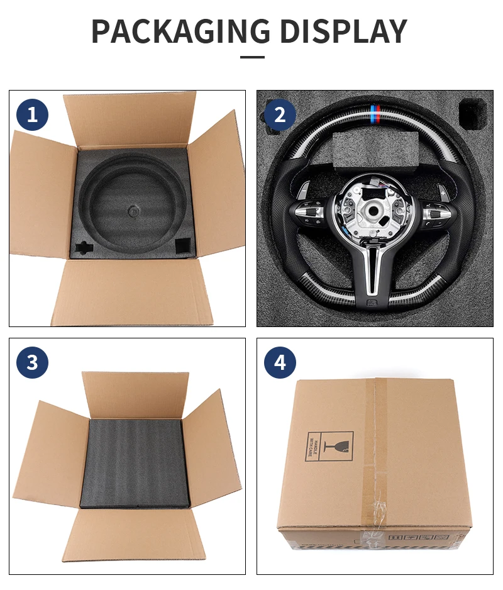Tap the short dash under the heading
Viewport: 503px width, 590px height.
pos(252,57)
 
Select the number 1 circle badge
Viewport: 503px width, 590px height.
pos(33,114)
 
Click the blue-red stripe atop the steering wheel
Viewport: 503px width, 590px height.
pos(375,116)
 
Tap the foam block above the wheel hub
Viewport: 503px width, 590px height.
pos(375,150)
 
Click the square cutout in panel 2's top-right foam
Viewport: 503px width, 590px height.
pos(473,113)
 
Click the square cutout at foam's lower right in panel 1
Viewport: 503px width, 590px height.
pos(183,244)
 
